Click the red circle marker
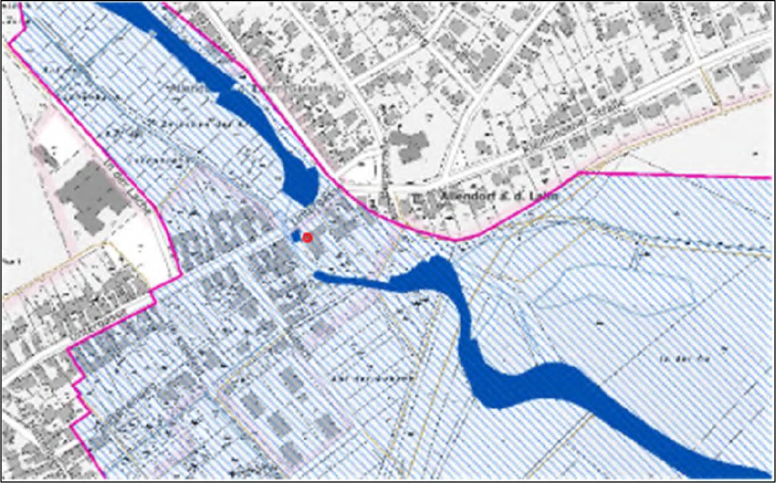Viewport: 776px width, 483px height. point(307,237)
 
